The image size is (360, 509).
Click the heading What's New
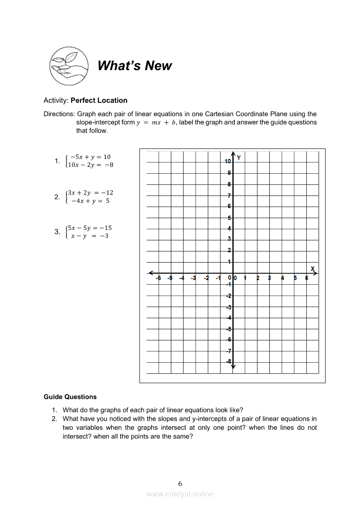click(135, 66)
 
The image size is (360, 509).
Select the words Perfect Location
click(99, 100)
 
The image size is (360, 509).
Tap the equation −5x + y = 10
click(90, 157)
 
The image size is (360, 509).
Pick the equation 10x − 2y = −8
click(90, 165)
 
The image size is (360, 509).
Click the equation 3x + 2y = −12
click(90, 192)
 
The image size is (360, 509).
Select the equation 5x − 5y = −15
click(89, 228)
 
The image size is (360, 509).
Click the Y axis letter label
click(239, 158)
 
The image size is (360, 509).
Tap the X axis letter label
click(312, 268)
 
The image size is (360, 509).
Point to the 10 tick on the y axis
click(228, 161)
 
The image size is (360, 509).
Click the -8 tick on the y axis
click(228, 361)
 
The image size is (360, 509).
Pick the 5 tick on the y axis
click(229, 218)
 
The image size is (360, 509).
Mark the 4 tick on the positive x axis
click(282, 278)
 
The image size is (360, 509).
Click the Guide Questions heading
click(70, 397)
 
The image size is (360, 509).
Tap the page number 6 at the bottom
click(180, 483)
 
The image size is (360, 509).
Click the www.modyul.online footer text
click(180, 494)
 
